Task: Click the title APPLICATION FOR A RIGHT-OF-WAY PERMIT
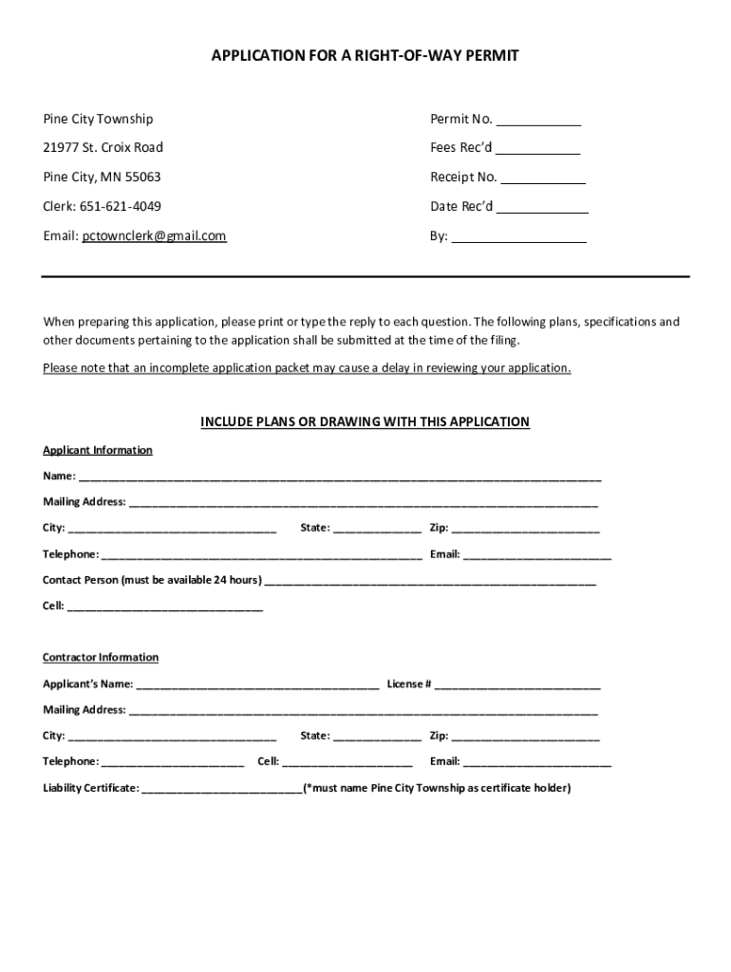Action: click(x=365, y=57)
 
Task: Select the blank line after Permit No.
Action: click(x=538, y=121)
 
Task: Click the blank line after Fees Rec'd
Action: click(x=537, y=150)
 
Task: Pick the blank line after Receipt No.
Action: click(x=543, y=179)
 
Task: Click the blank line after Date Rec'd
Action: click(x=542, y=209)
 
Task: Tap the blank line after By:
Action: click(x=518, y=238)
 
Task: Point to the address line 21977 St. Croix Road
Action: click(x=103, y=148)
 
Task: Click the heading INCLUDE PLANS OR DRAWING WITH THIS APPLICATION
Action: click(x=365, y=422)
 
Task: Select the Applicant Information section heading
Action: click(x=97, y=450)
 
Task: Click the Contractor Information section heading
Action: click(x=101, y=657)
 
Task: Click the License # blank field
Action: click(x=517, y=685)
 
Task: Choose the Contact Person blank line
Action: click(x=430, y=581)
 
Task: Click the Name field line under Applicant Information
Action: click(x=340, y=477)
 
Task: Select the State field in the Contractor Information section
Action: click(x=377, y=737)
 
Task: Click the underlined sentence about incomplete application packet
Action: click(x=307, y=368)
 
